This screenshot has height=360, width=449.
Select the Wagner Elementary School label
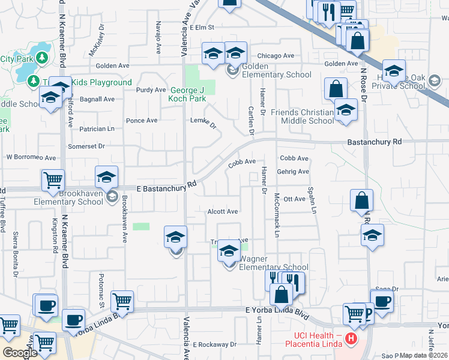tap(274, 263)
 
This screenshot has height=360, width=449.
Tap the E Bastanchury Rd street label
tap(161, 187)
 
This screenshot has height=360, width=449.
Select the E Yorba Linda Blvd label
tap(277, 313)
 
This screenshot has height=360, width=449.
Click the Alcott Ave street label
tap(223, 212)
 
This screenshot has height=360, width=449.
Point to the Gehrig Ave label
tap(293, 172)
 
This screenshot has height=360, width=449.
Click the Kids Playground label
tap(101, 82)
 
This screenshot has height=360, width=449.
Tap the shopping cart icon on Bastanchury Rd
tap(53, 179)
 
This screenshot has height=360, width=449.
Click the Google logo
tap(20, 353)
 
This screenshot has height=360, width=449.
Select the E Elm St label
tap(202, 28)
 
